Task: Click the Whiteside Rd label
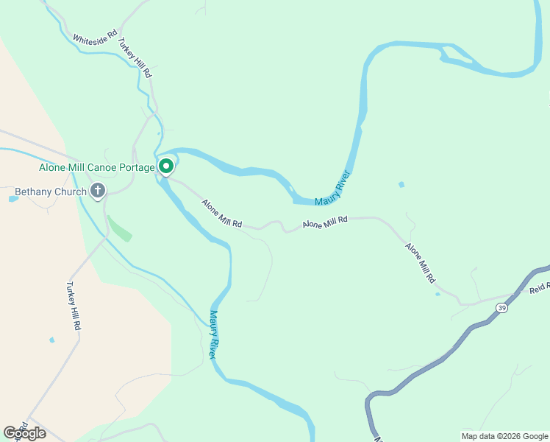[x=95, y=35]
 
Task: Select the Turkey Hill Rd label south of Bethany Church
[x=72, y=306]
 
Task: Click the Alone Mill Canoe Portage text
[x=96, y=167]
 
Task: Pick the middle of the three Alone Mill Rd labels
[x=324, y=222]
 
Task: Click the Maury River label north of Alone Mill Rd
[x=332, y=189]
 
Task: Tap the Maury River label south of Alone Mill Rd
[x=214, y=334]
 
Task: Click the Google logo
[x=24, y=433]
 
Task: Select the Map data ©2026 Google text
[x=504, y=436]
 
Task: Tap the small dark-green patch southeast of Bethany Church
[x=120, y=228]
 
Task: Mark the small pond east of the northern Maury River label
[x=401, y=184]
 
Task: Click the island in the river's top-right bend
[x=456, y=53]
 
